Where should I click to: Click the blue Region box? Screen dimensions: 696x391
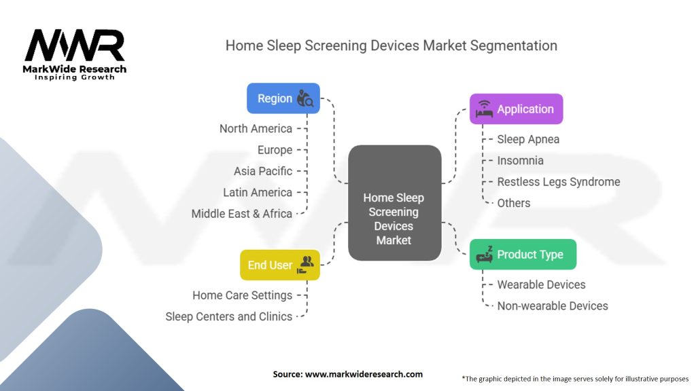pos(283,98)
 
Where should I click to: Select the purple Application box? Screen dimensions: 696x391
pos(517,109)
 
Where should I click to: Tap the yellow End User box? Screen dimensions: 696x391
pos(279,265)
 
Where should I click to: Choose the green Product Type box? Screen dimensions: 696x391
pos(523,254)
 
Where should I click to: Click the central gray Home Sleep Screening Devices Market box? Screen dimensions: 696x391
pos(395,202)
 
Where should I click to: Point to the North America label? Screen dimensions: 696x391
pos(256,128)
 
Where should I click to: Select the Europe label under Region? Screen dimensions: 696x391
pos(275,150)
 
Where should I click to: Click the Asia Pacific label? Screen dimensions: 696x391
pos(263,171)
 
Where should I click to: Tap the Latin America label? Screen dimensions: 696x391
pos(258,192)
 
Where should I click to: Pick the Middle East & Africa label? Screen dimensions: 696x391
pos(241,214)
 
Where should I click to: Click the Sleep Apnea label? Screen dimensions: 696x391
pos(528,139)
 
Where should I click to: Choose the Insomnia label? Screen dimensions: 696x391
pos(520,160)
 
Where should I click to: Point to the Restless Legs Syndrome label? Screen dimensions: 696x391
pos(559,182)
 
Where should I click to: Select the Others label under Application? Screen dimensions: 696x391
pos(514,203)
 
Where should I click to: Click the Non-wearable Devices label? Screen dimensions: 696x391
pos(553,306)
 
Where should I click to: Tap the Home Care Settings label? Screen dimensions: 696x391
pos(243,295)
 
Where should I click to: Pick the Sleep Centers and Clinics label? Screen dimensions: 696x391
pos(228,316)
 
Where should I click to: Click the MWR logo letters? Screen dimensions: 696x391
pos(75,45)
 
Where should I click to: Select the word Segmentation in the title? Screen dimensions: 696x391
pos(514,45)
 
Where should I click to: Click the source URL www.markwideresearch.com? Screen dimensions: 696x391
pos(364,374)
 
